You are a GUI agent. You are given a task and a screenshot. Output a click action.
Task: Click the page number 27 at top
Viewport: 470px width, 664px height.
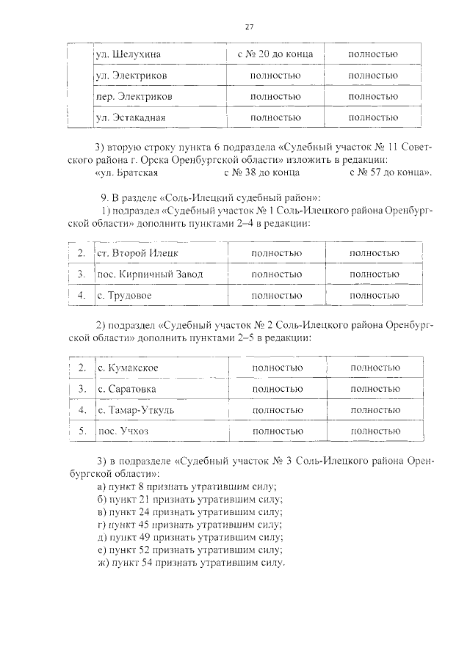249,27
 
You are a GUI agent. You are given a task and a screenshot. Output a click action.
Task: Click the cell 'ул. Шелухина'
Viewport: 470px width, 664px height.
129,54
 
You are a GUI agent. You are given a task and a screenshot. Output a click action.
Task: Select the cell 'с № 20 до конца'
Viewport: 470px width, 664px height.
275,54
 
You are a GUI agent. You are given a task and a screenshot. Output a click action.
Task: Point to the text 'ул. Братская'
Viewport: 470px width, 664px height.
127,172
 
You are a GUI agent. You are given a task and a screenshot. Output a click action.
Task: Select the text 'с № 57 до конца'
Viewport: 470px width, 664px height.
386,172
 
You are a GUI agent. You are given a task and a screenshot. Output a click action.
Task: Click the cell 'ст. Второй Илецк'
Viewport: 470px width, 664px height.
137,253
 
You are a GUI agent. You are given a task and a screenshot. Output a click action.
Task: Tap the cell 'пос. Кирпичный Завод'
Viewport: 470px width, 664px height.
150,274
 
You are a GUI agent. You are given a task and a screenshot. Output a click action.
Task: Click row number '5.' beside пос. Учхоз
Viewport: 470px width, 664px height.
83,431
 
